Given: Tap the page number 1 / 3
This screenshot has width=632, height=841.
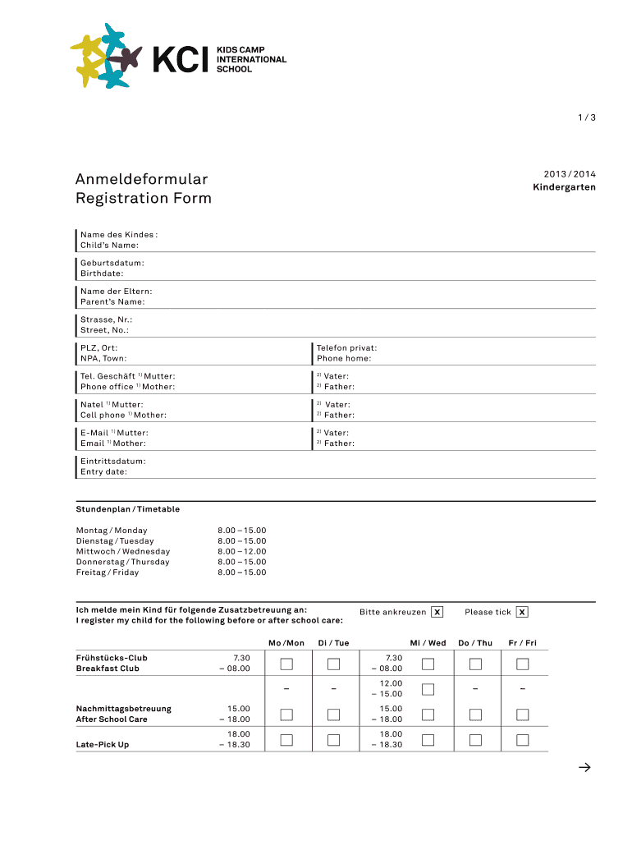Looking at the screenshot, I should click(x=586, y=117).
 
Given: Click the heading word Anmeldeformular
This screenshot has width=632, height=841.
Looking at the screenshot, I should click(x=141, y=179).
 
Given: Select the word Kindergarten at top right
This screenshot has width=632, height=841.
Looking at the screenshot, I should click(x=564, y=187).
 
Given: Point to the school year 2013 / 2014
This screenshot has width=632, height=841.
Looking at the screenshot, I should click(x=569, y=174).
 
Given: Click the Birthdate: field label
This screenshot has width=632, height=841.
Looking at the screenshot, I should click(x=102, y=273).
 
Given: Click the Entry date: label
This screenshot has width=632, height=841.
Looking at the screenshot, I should click(x=103, y=471).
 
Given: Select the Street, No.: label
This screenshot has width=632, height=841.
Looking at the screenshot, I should click(x=104, y=330).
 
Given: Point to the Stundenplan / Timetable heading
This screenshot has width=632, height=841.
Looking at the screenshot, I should click(x=127, y=509).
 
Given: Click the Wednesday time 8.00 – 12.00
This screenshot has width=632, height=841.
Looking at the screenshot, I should click(x=241, y=551).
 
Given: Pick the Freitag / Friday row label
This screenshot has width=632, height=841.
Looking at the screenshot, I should click(x=108, y=572).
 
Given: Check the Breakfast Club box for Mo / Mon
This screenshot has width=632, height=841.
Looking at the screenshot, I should click(x=286, y=664).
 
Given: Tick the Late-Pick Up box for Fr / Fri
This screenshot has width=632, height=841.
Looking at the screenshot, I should click(x=522, y=740).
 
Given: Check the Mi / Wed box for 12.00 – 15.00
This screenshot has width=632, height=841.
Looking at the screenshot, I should click(x=428, y=689).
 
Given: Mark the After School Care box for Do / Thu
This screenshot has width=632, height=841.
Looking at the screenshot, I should click(x=474, y=715).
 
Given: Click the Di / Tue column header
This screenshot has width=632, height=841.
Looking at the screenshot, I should click(x=333, y=642).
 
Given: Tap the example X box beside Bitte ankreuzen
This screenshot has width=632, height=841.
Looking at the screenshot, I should click(x=437, y=612).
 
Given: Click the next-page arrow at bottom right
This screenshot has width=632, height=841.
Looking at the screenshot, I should click(x=584, y=768).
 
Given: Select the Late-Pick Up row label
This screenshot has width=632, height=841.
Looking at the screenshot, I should click(x=103, y=745).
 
